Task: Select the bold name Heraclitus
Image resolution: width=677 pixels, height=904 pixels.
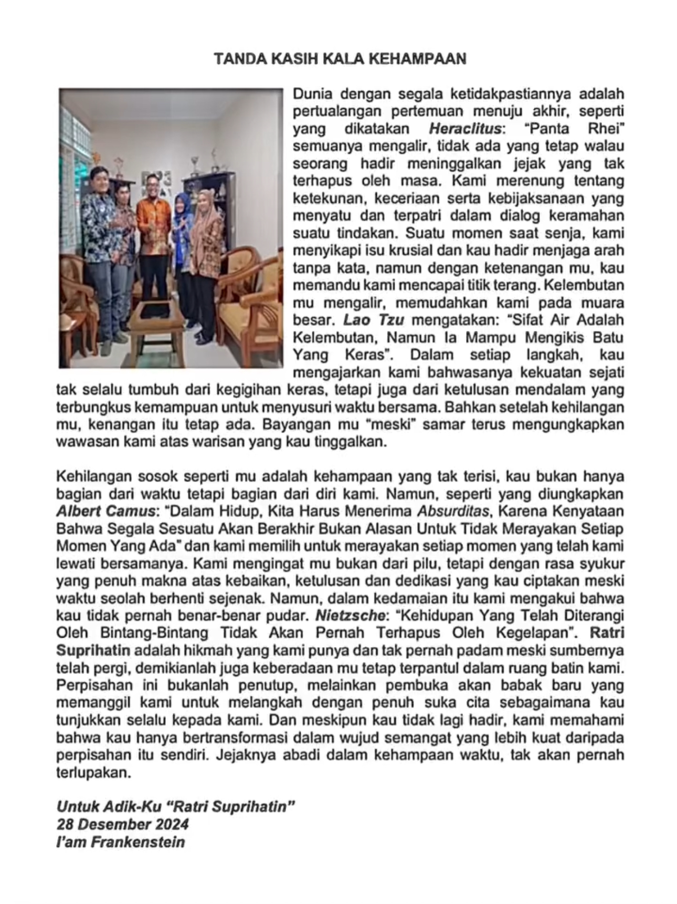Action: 465,129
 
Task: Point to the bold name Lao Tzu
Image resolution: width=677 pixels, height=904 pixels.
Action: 374,320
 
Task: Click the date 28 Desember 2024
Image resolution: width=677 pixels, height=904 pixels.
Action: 122,824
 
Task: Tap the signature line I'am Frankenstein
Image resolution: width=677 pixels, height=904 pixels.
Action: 121,842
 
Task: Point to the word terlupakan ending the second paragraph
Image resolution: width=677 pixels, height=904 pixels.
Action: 92,773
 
